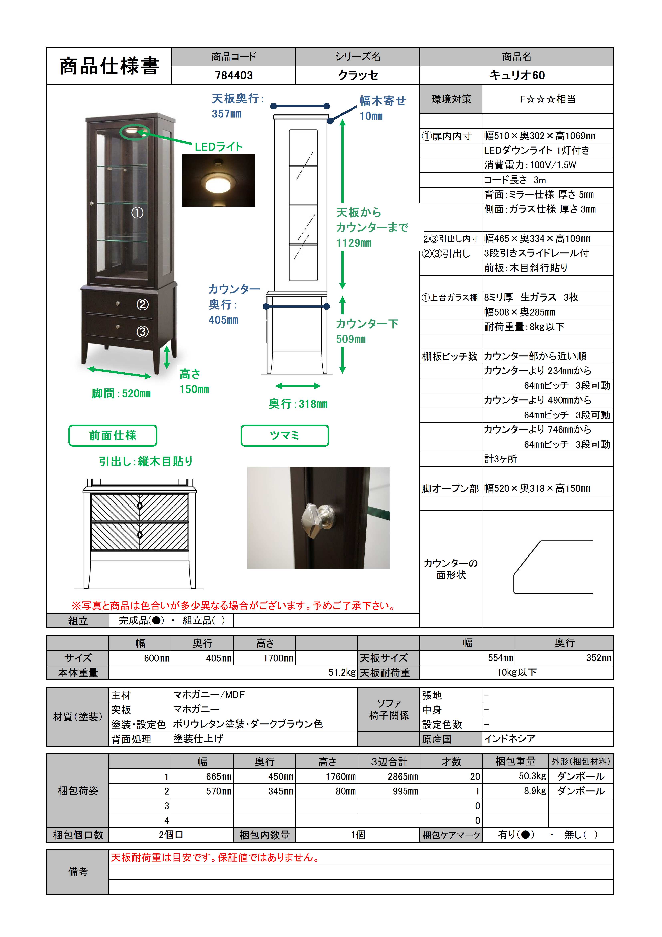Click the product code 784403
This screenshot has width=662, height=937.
pyautogui.click(x=234, y=76)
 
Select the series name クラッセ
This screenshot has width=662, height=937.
pyautogui.click(x=358, y=76)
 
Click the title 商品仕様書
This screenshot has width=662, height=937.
pyautogui.click(x=109, y=66)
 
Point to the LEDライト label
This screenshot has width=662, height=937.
pyautogui.click(x=219, y=147)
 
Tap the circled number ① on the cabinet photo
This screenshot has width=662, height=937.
pyautogui.click(x=138, y=213)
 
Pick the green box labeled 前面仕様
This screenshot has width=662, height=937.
pyautogui.click(x=113, y=436)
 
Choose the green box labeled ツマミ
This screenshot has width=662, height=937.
pyautogui.click(x=285, y=436)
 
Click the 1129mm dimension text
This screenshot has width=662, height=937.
pyautogui.click(x=354, y=243)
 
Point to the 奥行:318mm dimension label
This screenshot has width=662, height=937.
pyautogui.click(x=298, y=404)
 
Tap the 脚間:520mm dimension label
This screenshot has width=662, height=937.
pyautogui.click(x=121, y=394)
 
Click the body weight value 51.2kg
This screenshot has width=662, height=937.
pyautogui.click(x=342, y=673)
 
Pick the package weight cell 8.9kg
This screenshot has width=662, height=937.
pyautogui.click(x=535, y=791)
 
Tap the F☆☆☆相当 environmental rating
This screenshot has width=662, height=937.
pyautogui.click(x=547, y=99)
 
